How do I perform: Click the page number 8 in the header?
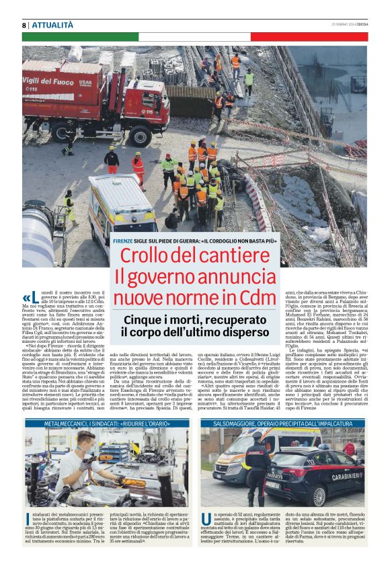pos(24,25)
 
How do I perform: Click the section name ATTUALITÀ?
pos(53,25)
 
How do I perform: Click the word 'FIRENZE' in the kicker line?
pos(123,241)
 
